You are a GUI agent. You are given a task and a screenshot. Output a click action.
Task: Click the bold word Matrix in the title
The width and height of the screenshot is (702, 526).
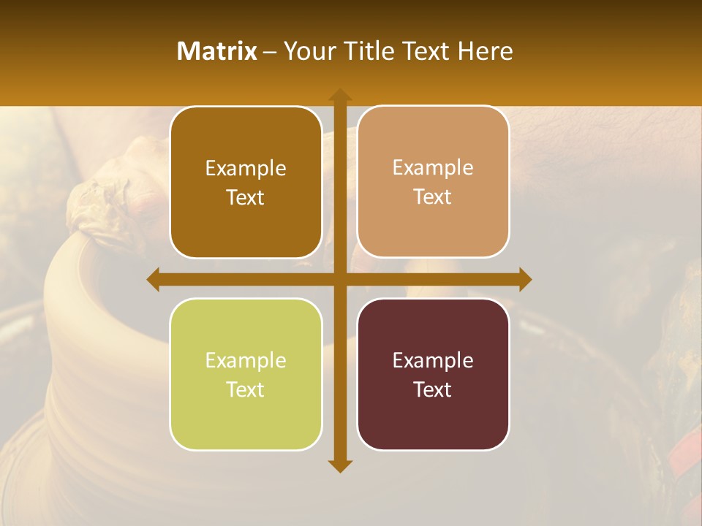click(x=217, y=51)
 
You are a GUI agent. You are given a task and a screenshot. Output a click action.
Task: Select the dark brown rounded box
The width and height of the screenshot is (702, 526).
click(x=246, y=183)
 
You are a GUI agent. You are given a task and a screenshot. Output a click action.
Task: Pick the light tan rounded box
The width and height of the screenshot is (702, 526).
click(x=433, y=182)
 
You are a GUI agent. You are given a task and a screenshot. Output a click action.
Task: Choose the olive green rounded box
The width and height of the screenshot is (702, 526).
click(x=246, y=375)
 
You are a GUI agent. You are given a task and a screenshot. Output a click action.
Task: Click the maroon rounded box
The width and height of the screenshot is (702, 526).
click(x=433, y=374)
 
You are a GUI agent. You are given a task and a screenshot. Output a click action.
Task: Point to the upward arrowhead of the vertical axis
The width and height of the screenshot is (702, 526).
click(x=340, y=95)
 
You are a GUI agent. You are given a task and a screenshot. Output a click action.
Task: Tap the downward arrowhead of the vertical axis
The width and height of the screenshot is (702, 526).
click(x=340, y=465)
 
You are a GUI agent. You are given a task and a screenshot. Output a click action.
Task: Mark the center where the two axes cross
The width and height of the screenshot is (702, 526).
click(x=340, y=279)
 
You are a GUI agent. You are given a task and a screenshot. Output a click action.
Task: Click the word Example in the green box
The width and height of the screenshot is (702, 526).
click(x=246, y=360)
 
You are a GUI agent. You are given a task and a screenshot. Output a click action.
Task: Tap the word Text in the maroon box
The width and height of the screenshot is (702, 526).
click(x=433, y=389)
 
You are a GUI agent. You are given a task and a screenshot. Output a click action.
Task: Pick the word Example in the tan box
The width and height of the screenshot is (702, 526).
click(x=433, y=167)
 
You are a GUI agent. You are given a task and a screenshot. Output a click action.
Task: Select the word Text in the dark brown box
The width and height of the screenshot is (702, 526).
click(x=246, y=198)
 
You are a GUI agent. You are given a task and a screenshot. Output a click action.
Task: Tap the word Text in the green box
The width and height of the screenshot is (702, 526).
click(x=246, y=390)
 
